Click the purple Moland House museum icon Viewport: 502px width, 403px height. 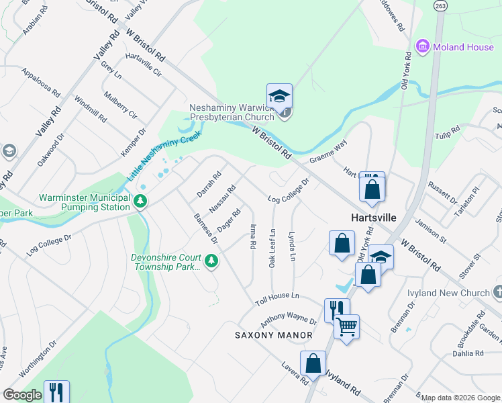pos(423,46)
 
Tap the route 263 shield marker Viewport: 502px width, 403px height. pos(440,5)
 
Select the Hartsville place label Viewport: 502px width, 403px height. pos(374,218)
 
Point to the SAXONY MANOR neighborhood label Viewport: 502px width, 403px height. pos(274,334)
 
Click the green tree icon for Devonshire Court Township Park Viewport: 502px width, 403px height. pos(211,260)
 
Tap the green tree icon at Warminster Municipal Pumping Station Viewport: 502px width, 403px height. pos(140,200)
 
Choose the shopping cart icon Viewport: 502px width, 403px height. pos(346,327)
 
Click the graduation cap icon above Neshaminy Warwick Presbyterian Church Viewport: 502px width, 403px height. pos(279,95)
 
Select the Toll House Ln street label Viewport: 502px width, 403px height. pos(276,298)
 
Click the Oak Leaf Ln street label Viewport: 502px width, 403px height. pos(272,249)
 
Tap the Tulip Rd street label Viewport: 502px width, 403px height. pos(446,130)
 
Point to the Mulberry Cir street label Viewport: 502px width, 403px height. pos(122,105)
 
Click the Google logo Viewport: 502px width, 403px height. pos(22,395)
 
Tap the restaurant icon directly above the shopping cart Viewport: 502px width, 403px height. pos(337,308)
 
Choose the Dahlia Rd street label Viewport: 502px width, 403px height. pos(468,353)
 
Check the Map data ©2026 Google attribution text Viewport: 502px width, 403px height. pos(460,398)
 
